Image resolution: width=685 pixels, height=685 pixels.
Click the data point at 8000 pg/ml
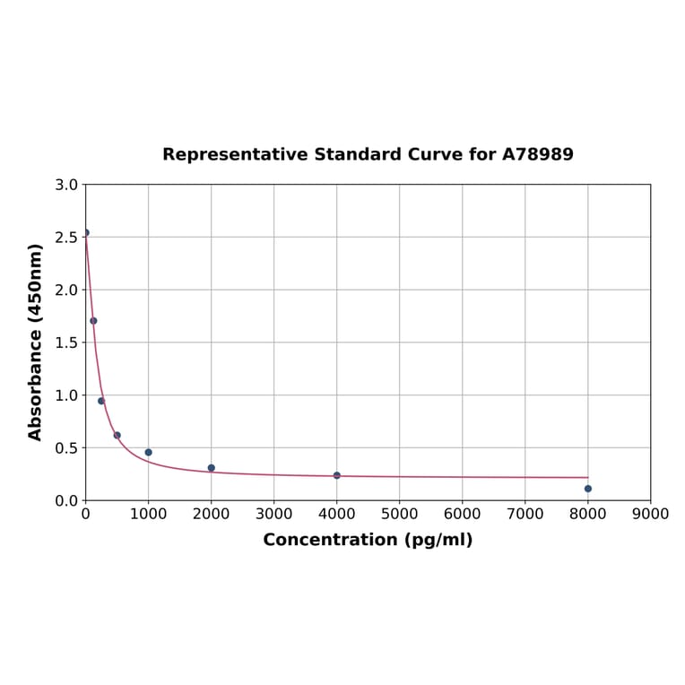(x=587, y=489)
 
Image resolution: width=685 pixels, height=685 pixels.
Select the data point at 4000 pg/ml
(x=336, y=475)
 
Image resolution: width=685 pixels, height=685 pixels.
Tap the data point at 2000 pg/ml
(x=211, y=468)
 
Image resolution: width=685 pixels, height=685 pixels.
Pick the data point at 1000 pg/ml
(x=148, y=453)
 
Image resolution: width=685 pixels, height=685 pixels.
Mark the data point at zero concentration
(x=85, y=232)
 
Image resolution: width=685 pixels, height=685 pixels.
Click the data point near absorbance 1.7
(x=93, y=321)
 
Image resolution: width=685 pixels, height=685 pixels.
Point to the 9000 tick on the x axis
(x=650, y=514)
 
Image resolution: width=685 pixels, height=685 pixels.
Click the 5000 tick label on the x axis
(x=399, y=514)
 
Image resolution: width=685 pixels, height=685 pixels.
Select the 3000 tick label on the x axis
(x=273, y=514)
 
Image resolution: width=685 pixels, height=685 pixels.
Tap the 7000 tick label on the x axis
(x=525, y=514)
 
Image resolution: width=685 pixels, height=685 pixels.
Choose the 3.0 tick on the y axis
(x=66, y=185)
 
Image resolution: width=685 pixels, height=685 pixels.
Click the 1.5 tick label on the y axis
(x=66, y=342)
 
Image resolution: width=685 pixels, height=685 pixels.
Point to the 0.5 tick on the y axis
(x=66, y=448)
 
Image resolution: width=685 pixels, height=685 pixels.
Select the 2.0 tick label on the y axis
(x=66, y=290)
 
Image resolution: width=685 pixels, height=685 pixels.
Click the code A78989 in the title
(x=537, y=154)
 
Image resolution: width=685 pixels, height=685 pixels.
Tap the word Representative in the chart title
(x=236, y=154)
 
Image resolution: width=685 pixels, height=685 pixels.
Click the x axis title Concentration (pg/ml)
(x=368, y=540)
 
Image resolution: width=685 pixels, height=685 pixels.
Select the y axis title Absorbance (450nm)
(x=36, y=342)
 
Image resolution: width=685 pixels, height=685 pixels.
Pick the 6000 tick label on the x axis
(x=462, y=514)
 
